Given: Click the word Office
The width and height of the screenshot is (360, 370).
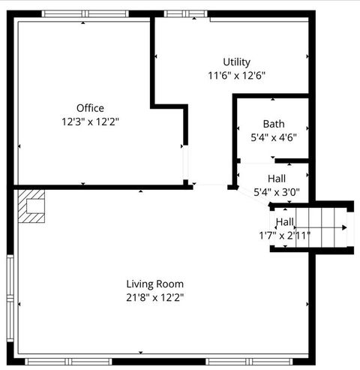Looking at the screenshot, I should pyautogui.click(x=90, y=107).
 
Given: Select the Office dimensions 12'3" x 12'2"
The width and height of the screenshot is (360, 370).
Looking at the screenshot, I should pyautogui.click(x=90, y=120).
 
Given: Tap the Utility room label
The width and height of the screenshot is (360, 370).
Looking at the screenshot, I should pyautogui.click(x=236, y=62).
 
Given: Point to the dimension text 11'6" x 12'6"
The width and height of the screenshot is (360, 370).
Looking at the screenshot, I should pyautogui.click(x=236, y=75).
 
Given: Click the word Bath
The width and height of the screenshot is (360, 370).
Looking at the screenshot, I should pyautogui.click(x=273, y=124).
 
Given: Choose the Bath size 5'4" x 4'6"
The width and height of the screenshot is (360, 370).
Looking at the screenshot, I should pyautogui.click(x=273, y=137).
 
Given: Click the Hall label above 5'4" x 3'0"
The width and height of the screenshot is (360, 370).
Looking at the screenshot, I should pyautogui.click(x=277, y=179).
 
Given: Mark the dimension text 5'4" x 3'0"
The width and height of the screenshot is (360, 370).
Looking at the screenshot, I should pyautogui.click(x=277, y=191).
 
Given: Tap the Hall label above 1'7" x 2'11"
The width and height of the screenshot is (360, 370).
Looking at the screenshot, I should pyautogui.click(x=284, y=222).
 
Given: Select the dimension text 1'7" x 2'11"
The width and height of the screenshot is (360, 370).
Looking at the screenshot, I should pyautogui.click(x=284, y=235).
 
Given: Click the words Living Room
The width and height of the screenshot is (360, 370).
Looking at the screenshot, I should pyautogui.click(x=154, y=284).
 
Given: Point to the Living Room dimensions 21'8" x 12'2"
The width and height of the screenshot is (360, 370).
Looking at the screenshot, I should pyautogui.click(x=154, y=297).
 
